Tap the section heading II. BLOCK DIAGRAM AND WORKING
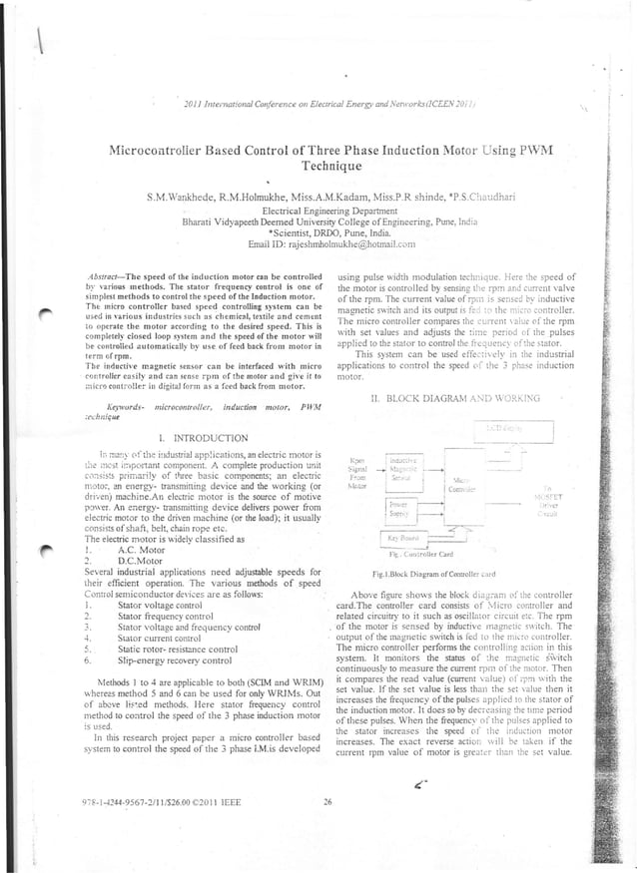pyautogui.click(x=440, y=397)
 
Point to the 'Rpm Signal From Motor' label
pyautogui.click(x=352, y=473)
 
